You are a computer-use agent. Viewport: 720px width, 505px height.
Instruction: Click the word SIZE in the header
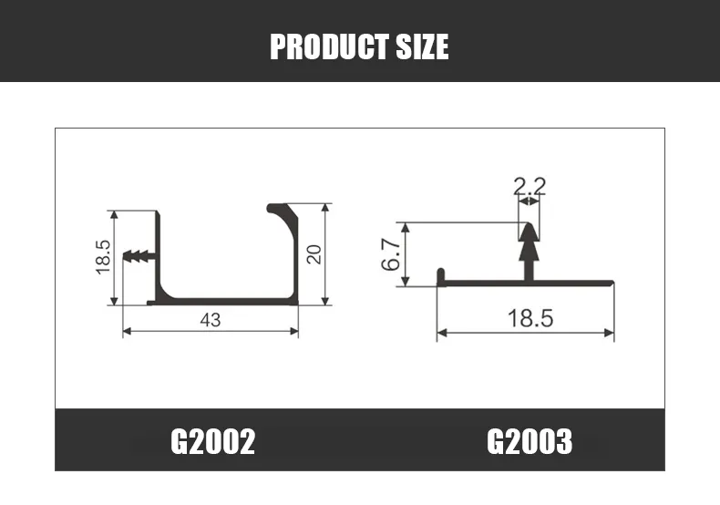pos(423,46)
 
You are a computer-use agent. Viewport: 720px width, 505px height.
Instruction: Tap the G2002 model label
pos(212,441)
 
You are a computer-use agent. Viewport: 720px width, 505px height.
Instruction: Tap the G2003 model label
pos(530,441)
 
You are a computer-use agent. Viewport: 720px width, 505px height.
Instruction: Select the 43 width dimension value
pos(210,319)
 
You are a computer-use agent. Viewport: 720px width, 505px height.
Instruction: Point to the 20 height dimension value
pos(314,254)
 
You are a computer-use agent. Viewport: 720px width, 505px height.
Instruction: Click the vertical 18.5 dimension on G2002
pos(102,257)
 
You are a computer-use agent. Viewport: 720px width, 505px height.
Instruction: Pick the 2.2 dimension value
pos(530,187)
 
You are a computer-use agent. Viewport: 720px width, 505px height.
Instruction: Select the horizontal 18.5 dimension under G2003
pos(530,318)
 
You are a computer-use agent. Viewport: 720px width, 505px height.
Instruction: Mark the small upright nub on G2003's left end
pos(440,275)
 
